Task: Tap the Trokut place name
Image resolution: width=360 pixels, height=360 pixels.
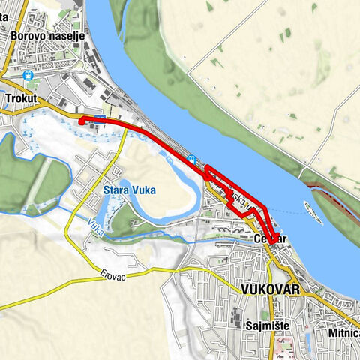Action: click(20, 97)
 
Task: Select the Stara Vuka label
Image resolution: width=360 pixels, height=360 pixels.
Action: click(129, 190)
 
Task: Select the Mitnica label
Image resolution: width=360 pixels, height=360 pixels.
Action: click(344, 331)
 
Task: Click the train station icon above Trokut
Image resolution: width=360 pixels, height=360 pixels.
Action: click(28, 75)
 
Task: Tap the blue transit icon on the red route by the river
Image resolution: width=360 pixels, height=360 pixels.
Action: click(193, 159)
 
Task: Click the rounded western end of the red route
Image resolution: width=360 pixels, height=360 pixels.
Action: click(80, 121)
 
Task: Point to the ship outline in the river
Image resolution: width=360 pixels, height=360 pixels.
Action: click(313, 212)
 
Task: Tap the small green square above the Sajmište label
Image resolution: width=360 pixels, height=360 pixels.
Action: click(262, 307)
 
